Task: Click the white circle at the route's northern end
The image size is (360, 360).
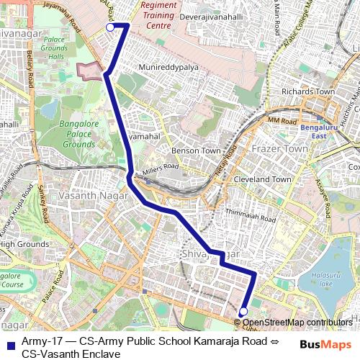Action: (110, 27)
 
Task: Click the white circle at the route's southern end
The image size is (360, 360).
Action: (243, 311)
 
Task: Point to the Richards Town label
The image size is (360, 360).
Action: (307, 91)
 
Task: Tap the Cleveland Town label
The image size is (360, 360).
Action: (262, 179)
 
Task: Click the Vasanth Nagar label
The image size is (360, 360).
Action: (89, 195)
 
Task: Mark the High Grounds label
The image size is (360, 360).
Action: (24, 244)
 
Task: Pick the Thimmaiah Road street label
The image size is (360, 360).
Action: (251, 215)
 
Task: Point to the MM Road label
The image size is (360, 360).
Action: (282, 122)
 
